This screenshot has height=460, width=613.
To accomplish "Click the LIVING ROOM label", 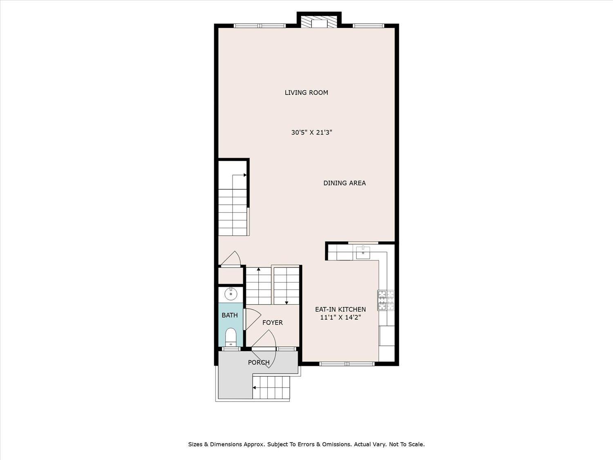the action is (306, 92).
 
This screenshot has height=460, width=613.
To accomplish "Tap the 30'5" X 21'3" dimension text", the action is (312, 132).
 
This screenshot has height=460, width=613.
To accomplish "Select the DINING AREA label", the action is (345, 183).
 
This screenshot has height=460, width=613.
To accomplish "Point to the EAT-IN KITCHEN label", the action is (340, 309).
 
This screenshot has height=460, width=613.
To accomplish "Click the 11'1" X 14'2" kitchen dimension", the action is (341, 317).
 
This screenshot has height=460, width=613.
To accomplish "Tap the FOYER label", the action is (273, 323).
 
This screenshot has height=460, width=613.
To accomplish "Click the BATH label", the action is (230, 315).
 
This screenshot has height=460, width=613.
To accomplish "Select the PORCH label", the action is (259, 363).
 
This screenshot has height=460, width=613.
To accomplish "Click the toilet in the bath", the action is (230, 337).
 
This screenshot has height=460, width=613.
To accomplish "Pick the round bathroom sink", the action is (230, 294).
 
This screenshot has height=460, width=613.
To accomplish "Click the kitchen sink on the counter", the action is (363, 252).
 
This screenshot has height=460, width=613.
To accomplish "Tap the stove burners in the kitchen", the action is (386, 300).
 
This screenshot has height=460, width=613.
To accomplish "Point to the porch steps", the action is (271, 387).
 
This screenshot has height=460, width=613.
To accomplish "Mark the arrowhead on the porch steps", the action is (255, 388).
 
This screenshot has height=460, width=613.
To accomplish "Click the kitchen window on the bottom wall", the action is (347, 364).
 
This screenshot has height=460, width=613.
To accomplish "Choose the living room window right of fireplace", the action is (368, 26).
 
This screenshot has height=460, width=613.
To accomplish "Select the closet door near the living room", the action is (231, 259).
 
